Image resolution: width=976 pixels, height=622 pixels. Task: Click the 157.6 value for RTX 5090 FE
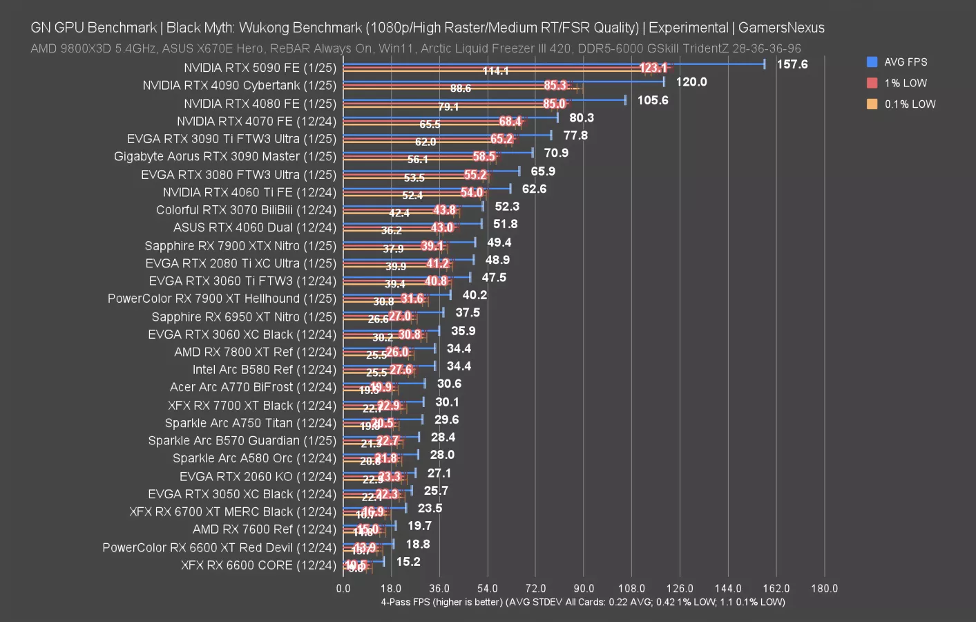click(x=792, y=64)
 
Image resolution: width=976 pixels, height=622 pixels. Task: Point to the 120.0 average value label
click(x=691, y=82)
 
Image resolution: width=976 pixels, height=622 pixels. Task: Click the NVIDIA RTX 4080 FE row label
click(x=260, y=104)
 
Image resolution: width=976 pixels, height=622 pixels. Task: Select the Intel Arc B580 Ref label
click(x=264, y=370)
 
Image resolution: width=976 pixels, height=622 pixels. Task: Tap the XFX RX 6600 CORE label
click(x=258, y=565)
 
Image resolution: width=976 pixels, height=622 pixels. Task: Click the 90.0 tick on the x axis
click(x=583, y=589)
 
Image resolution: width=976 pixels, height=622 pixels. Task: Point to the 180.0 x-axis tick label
click(x=824, y=589)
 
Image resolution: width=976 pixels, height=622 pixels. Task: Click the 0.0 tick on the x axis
click(x=343, y=589)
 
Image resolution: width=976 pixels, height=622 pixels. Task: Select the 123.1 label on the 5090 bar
click(x=653, y=68)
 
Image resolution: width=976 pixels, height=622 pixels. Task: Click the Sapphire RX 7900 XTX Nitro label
click(x=240, y=246)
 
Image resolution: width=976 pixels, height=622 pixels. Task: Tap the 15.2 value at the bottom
click(x=408, y=562)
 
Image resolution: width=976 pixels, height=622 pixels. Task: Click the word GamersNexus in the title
click(x=781, y=28)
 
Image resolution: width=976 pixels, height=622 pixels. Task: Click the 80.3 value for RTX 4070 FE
click(x=582, y=118)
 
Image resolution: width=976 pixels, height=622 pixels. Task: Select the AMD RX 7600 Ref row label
click(x=264, y=529)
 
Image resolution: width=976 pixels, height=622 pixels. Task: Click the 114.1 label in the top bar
click(x=495, y=71)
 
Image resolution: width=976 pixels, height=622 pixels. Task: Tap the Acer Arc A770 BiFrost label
click(x=253, y=388)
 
